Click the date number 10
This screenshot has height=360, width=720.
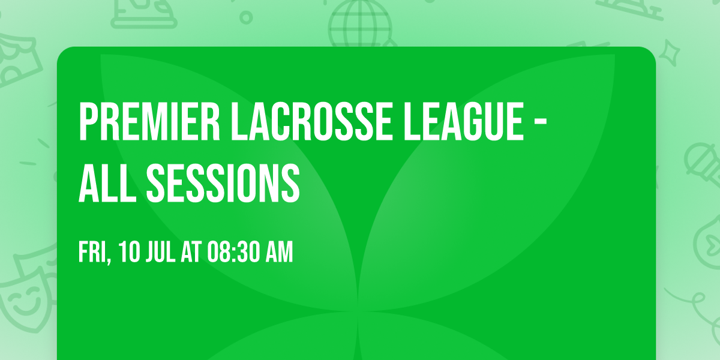click(x=128, y=253)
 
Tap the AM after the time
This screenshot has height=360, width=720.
click(x=280, y=253)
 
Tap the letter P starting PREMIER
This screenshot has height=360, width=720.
click(x=87, y=122)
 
